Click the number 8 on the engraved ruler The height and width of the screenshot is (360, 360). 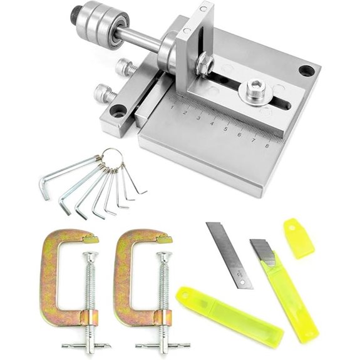268,146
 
